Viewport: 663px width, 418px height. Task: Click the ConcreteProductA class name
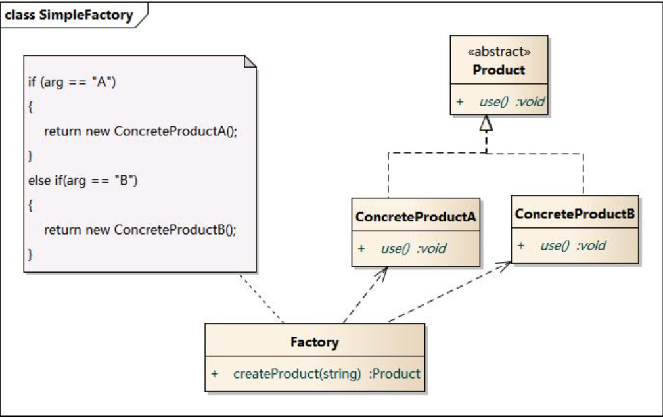click(415, 218)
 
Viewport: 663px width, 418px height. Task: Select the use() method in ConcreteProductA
click(396, 248)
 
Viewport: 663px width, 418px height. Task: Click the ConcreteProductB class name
click(574, 214)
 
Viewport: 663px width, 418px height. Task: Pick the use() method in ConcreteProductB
click(555, 245)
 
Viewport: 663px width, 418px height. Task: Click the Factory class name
click(314, 342)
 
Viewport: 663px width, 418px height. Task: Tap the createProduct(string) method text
click(297, 373)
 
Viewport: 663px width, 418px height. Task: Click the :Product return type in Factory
click(394, 373)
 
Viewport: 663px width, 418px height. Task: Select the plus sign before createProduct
click(215, 373)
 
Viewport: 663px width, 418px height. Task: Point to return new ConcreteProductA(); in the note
click(139, 130)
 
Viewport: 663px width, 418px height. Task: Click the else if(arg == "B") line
click(82, 180)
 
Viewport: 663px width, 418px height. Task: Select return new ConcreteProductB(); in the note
click(139, 229)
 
